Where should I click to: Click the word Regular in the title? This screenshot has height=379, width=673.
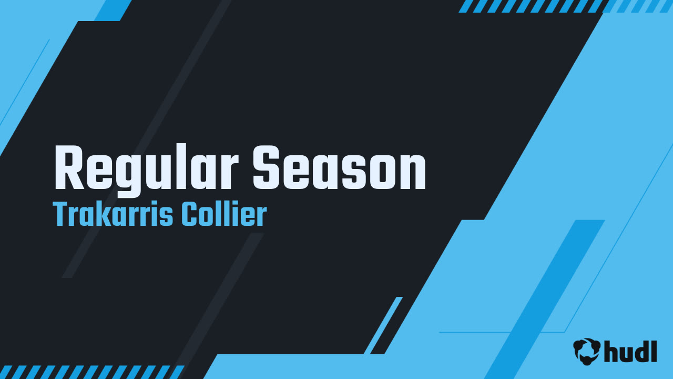pyautogui.click(x=147, y=170)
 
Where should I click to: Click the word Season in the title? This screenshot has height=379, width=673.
pyautogui.click(x=339, y=167)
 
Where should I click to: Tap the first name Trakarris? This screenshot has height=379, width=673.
pyautogui.click(x=113, y=214)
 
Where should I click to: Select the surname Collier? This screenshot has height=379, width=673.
pyautogui.click(x=225, y=214)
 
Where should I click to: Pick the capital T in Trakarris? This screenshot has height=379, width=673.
pyautogui.click(x=61, y=214)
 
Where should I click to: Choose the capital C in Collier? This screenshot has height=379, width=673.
pyautogui.click(x=191, y=214)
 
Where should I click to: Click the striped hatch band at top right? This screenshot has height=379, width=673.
pyautogui.click(x=565, y=6)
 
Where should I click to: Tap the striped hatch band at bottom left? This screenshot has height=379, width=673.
pyautogui.click(x=92, y=372)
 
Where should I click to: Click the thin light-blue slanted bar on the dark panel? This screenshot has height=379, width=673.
pyautogui.click(x=383, y=325)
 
